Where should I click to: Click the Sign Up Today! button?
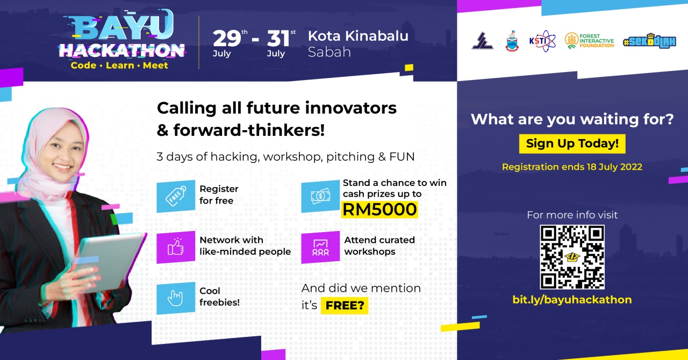click(572, 144)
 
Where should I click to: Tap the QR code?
click(572, 257)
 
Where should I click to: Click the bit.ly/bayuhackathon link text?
click(572, 300)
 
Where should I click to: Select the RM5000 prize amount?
click(379, 210)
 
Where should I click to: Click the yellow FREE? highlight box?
click(345, 306)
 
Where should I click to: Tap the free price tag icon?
click(176, 196)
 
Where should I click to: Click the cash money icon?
click(320, 196)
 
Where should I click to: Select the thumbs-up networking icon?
click(176, 247)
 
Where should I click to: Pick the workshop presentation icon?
click(320, 247)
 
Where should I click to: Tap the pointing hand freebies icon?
click(176, 298)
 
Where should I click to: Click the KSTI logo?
click(542, 41)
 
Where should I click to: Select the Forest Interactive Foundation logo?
click(589, 41)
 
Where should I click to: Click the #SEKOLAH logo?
click(650, 41)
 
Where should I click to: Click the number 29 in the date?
click(227, 39)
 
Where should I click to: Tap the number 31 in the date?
click(278, 39)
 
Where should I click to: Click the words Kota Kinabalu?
click(358, 36)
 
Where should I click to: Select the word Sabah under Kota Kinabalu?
click(329, 52)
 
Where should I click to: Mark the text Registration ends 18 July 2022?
click(572, 167)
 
